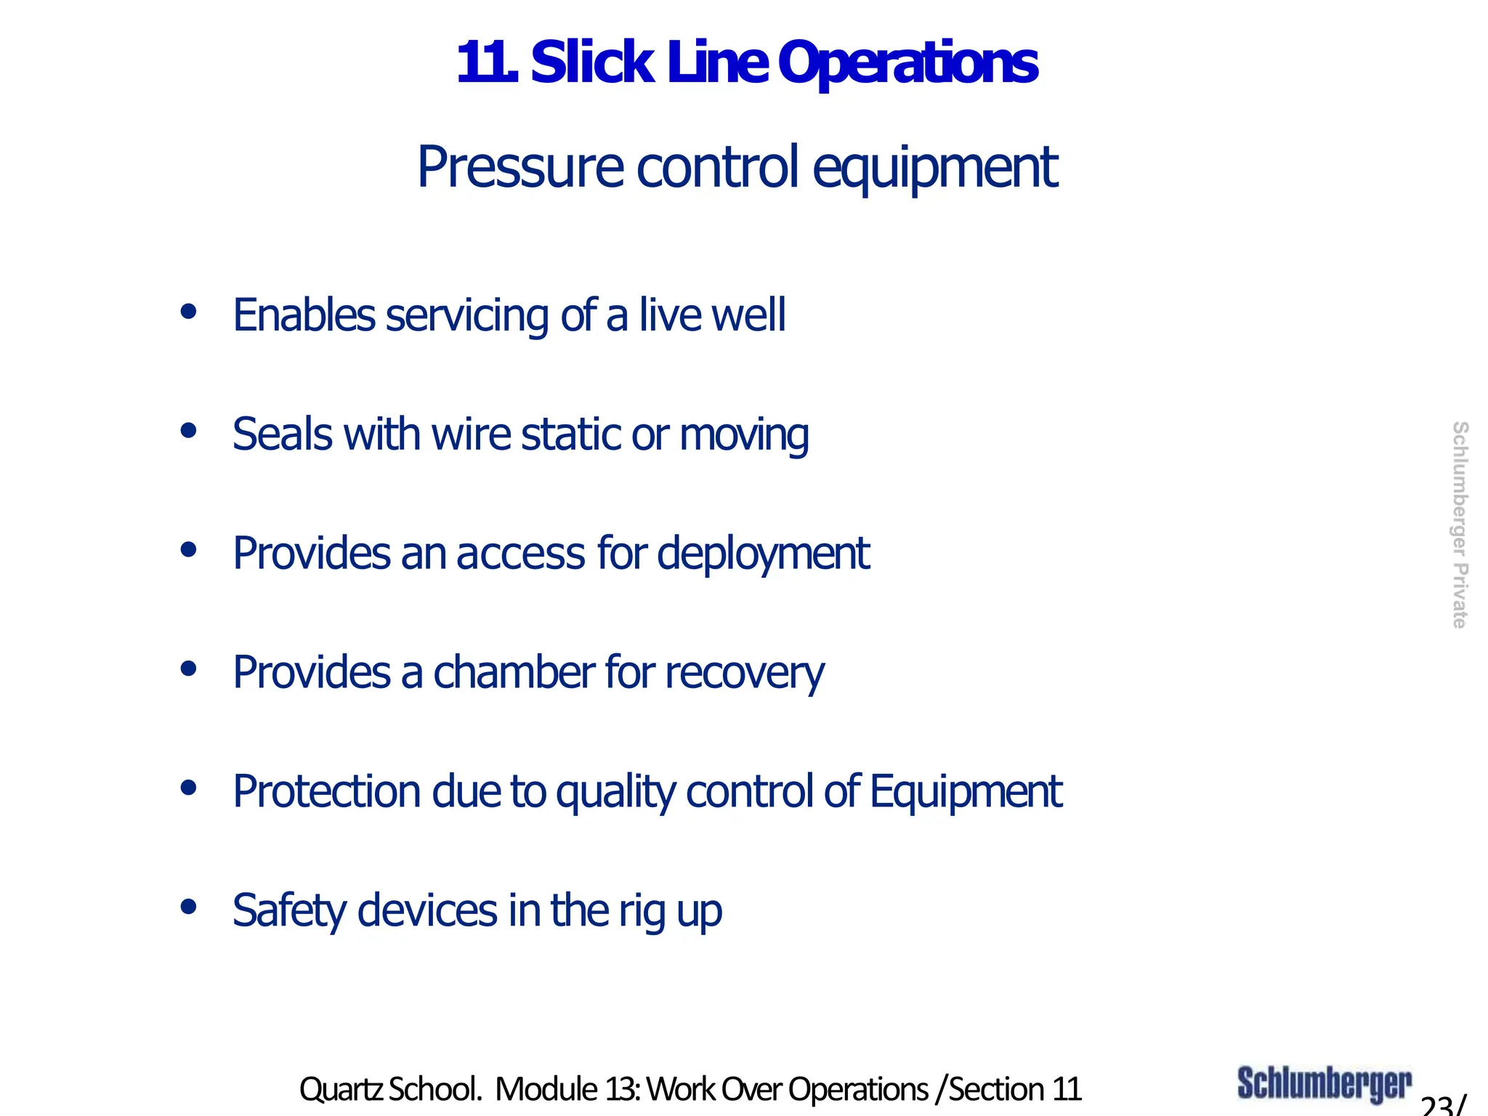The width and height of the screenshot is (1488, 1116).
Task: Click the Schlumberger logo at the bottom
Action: (x=1324, y=1084)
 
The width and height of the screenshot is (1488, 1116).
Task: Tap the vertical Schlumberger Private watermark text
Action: (x=1459, y=525)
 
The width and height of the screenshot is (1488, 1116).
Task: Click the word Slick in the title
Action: (x=591, y=63)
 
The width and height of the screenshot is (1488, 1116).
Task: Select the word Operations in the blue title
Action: (x=907, y=65)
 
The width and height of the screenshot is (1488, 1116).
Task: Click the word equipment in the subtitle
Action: (x=934, y=169)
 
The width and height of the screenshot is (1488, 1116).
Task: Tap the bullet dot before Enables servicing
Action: (x=189, y=312)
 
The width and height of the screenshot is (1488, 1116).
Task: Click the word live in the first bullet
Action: (x=669, y=315)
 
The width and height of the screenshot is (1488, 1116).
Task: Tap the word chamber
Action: (x=514, y=672)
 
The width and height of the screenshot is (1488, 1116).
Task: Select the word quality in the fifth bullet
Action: (x=615, y=793)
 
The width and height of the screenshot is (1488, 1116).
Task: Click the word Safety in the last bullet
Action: (x=289, y=911)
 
